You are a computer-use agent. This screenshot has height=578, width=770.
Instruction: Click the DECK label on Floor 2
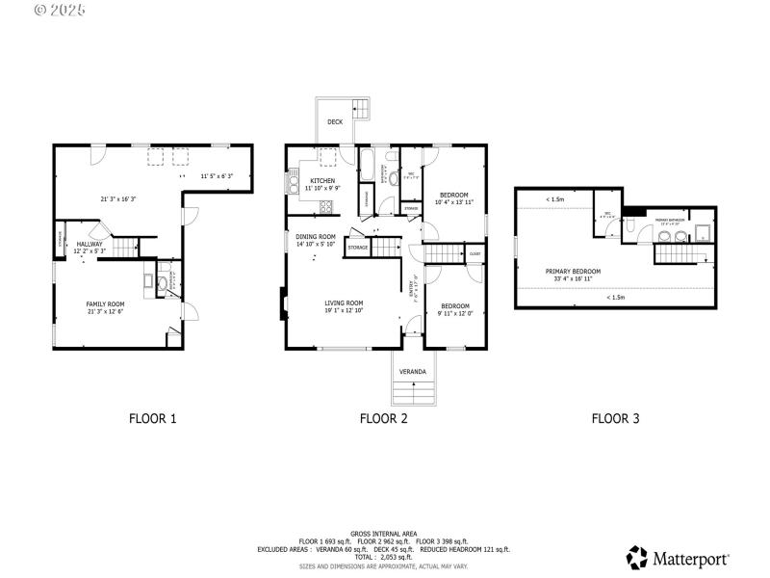pos(334,122)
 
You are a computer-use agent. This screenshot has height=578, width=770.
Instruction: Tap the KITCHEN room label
pos(322,181)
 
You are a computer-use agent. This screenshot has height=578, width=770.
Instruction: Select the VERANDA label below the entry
pos(413,371)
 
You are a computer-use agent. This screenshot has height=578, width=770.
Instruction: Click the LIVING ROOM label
pos(343,302)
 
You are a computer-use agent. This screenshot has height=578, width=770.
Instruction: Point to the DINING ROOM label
pos(315,237)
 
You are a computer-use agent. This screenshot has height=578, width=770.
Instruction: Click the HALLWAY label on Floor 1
pos(90,244)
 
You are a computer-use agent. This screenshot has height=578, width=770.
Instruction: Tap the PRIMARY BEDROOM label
pos(573,272)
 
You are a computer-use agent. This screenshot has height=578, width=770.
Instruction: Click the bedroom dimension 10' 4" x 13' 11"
pos(453,202)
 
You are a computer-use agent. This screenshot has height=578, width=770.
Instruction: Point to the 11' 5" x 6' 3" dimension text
pos(218,176)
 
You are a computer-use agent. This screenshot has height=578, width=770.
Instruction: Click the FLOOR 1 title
pos(153,419)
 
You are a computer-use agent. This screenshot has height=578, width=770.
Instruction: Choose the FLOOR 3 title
pos(615,419)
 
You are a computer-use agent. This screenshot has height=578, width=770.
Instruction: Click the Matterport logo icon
pos(637,557)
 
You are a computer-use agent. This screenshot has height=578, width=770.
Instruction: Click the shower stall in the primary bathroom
pos(703,232)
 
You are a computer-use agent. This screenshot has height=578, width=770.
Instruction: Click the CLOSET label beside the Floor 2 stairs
pos(475,254)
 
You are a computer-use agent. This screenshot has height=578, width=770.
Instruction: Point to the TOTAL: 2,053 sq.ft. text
pos(384,557)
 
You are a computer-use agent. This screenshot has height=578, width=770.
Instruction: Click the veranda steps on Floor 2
pos(414,392)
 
